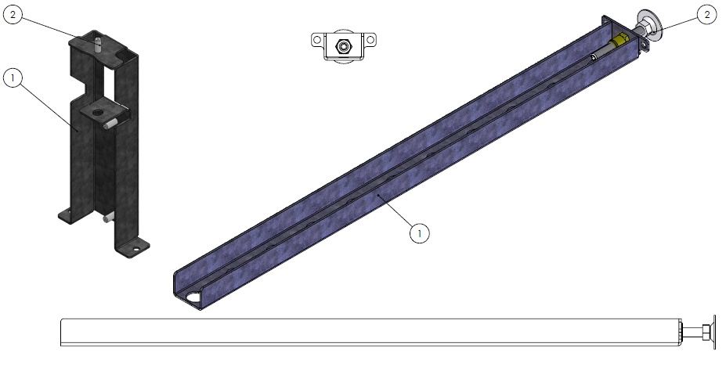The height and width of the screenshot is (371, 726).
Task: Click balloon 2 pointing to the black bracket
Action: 13,15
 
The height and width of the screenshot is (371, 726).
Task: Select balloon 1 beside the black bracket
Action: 13,77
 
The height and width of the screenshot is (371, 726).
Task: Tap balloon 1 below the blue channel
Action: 420,233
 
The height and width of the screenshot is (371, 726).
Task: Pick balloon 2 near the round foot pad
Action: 707,15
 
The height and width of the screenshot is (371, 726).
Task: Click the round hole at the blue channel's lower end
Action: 194,297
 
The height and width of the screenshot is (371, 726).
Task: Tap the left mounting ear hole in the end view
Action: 317,40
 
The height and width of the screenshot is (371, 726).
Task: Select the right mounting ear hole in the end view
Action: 370,40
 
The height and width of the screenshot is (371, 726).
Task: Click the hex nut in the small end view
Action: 343,46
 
